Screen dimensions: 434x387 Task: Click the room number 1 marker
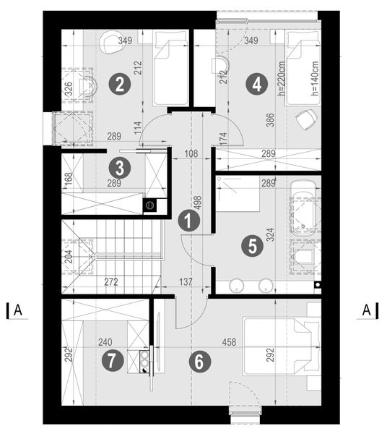click(x=188, y=221)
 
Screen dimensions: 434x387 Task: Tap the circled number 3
click(x=120, y=169)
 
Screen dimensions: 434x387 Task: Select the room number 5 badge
click(x=251, y=246)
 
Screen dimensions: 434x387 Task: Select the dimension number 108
click(x=190, y=153)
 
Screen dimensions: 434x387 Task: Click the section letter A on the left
click(x=19, y=310)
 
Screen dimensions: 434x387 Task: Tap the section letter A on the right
click(x=367, y=310)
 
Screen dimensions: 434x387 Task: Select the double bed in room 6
click(x=280, y=346)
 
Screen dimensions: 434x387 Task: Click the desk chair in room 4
click(x=308, y=116)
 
